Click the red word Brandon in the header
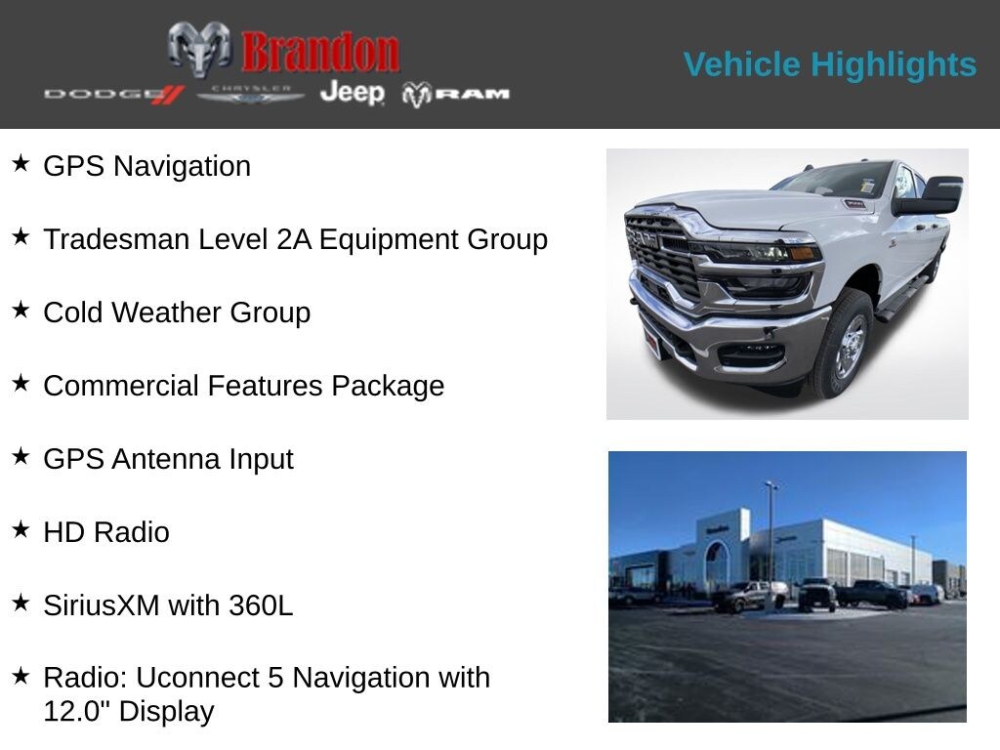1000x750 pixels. coord(320,52)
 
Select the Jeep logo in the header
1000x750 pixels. coord(353,93)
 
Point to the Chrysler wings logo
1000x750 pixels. coord(251,94)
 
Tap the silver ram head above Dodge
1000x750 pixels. coord(199,48)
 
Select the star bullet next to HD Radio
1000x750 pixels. coord(21,529)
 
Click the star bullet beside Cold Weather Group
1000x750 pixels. coord(21,310)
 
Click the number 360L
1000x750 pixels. coord(261,605)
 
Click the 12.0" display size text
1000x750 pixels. coord(80,711)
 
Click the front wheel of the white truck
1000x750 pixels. coord(845,346)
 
